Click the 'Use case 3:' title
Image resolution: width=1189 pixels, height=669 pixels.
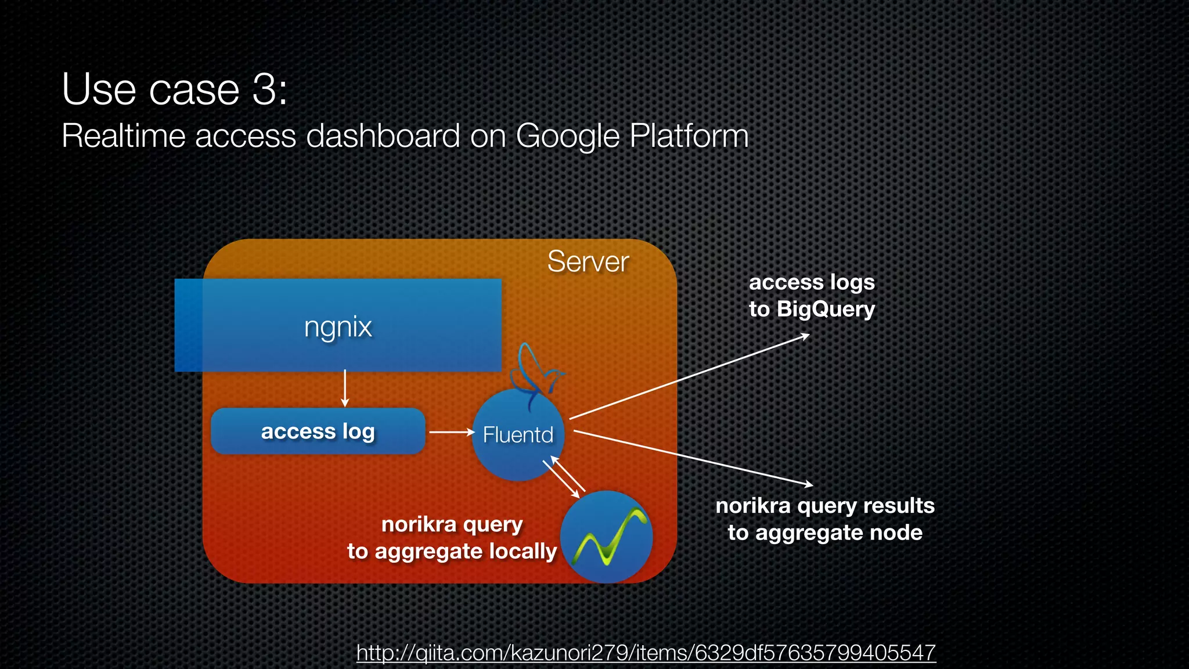tap(174, 89)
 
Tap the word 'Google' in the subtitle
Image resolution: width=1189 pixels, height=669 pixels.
tap(568, 136)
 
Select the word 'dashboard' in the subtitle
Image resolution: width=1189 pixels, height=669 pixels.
tap(383, 136)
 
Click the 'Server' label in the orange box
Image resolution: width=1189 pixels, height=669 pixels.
tap(588, 261)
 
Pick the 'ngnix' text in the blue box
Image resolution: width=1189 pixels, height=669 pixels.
tap(338, 326)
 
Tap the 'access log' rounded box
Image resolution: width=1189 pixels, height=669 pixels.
tap(318, 431)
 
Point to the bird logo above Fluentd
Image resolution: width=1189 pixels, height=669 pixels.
tap(536, 372)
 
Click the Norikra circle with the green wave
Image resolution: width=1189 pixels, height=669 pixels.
tap(607, 537)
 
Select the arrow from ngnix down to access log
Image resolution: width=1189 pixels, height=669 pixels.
tap(345, 389)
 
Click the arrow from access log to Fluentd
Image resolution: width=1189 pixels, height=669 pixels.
tap(451, 432)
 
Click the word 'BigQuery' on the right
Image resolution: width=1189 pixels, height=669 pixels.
tap(825, 309)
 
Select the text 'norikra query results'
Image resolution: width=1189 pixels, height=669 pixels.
tap(824, 506)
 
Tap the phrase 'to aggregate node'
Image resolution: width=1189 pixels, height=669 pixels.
tap(824, 533)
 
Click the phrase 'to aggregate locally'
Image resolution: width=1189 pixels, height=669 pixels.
tap(452, 551)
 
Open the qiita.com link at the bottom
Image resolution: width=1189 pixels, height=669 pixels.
tap(646, 653)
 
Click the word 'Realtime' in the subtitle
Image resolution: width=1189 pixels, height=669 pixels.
tap(123, 136)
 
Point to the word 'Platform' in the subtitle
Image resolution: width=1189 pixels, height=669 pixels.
tap(689, 136)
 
